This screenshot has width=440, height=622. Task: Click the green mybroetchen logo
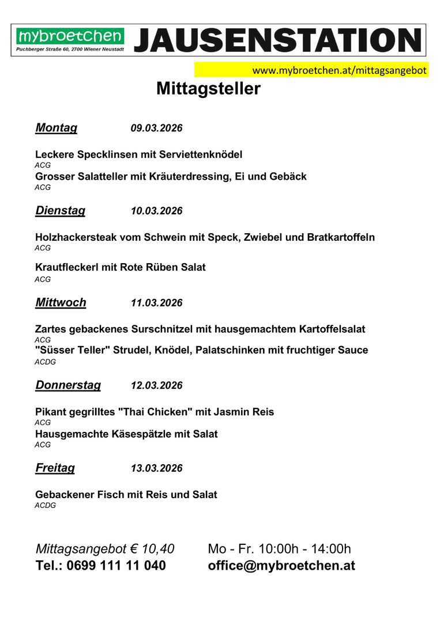point(70,37)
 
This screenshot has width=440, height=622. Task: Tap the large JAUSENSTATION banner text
point(277,40)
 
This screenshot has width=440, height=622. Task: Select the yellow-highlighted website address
point(339,70)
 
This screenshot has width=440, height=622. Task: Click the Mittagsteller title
point(208,89)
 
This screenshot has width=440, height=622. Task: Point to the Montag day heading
point(56,128)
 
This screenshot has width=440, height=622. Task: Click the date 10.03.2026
point(156,211)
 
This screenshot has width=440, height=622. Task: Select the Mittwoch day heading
point(61,303)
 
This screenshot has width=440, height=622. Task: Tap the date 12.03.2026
point(156,386)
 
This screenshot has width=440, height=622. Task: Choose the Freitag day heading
point(55,468)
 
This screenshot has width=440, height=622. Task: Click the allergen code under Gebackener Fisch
point(45,506)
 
